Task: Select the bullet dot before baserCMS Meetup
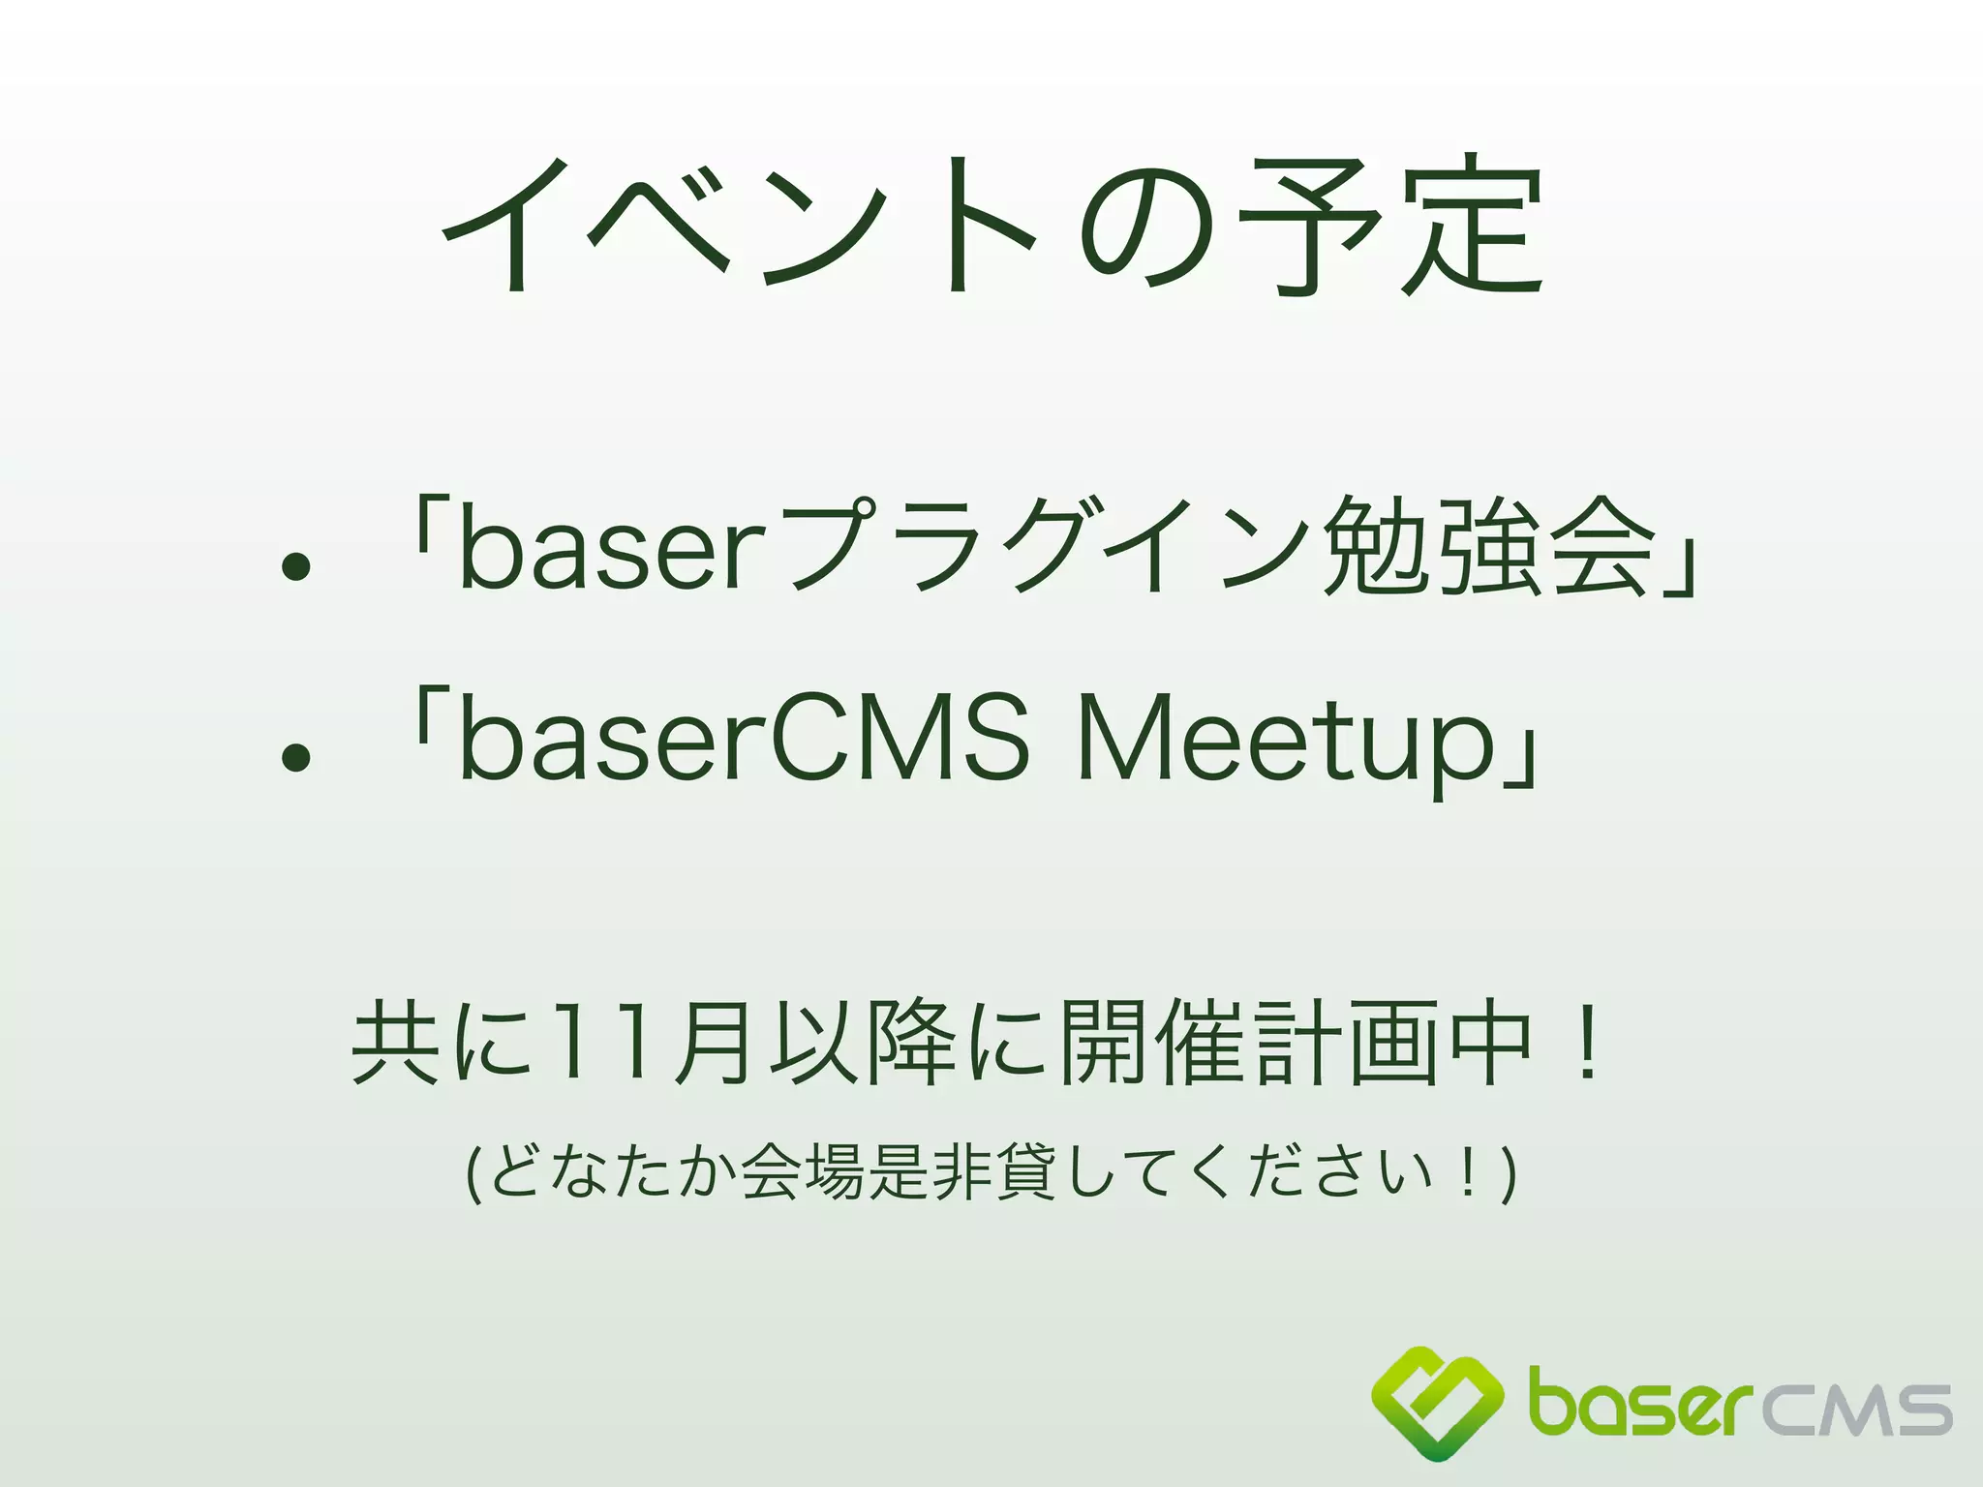295,758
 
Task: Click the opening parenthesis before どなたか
473,1174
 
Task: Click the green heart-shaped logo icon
1437,1403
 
